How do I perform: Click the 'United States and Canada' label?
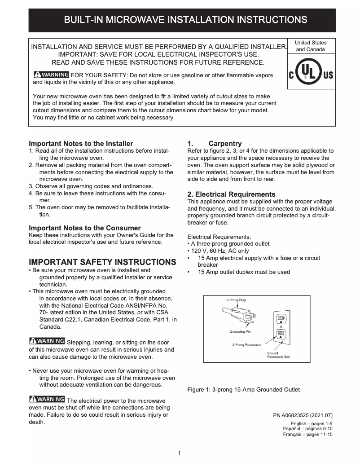(311, 46)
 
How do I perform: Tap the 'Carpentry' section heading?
(225, 144)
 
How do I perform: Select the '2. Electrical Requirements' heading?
(231, 194)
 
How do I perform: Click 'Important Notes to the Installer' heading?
(81, 144)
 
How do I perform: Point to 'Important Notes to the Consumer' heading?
(85, 228)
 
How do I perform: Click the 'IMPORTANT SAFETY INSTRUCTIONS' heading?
(102, 262)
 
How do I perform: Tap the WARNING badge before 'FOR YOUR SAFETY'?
(51, 75)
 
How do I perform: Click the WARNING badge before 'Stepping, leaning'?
(47, 342)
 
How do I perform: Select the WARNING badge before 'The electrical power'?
(47, 400)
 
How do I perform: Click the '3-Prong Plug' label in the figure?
(236, 300)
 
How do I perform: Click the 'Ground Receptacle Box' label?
(278, 355)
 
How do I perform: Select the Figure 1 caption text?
(243, 390)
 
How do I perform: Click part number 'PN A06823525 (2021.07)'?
(303, 415)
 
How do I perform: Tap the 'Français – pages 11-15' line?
(307, 435)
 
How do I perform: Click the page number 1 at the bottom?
(180, 453)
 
